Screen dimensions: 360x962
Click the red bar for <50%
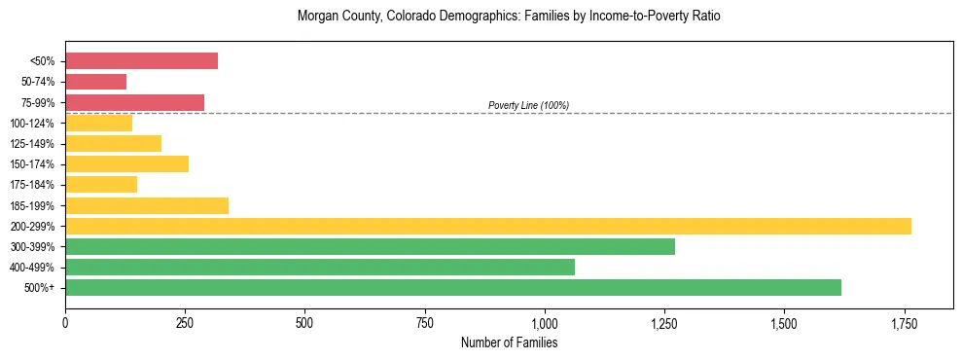click(x=141, y=61)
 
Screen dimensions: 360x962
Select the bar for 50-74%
click(x=95, y=82)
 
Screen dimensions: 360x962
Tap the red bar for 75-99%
click(x=134, y=102)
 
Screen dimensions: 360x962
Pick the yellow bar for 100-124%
click(x=98, y=123)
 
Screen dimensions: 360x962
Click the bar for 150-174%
click(x=126, y=163)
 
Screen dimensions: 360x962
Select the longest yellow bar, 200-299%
click(x=487, y=226)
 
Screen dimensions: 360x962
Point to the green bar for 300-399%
click(x=370, y=246)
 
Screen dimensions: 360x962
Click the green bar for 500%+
click(x=452, y=287)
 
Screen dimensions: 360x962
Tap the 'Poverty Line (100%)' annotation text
click(x=528, y=105)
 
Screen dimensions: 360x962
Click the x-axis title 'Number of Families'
click(x=509, y=342)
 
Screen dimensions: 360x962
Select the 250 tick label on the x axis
click(x=185, y=323)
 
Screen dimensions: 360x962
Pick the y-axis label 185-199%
click(x=32, y=205)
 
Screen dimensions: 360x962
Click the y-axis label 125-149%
click(x=32, y=144)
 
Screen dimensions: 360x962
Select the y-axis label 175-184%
click(x=32, y=185)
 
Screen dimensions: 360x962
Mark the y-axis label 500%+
click(x=40, y=288)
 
